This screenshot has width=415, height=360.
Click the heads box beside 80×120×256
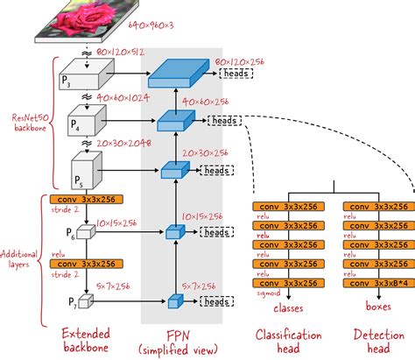tap(235, 74)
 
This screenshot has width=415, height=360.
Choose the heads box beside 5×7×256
tap(214, 300)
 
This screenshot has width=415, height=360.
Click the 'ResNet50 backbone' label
tap(30, 123)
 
